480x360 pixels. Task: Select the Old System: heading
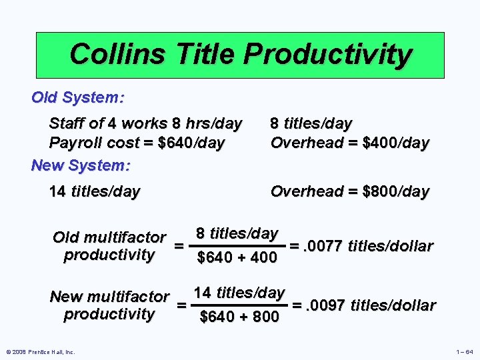coord(77,97)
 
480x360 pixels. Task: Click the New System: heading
coord(81,164)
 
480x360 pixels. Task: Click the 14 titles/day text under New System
coord(95,192)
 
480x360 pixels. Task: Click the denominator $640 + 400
coord(237,257)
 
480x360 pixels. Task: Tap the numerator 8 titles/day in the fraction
coord(237,233)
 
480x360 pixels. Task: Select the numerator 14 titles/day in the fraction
coord(239,293)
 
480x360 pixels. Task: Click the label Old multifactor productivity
coord(109,246)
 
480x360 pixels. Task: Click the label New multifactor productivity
coord(109,305)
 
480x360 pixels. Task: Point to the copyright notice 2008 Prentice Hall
coord(41,352)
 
